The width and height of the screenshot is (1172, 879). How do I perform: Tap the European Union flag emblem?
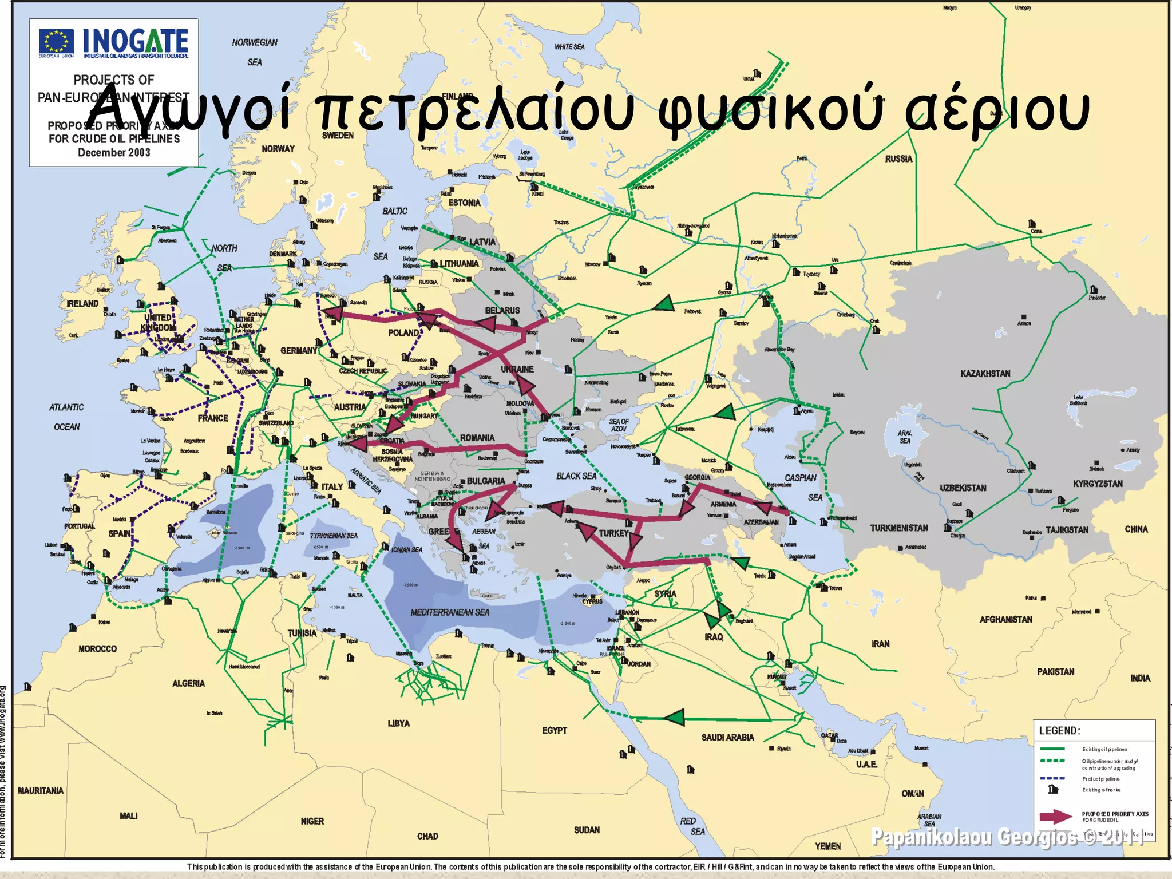tap(56, 41)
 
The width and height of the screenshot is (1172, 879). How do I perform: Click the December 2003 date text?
tap(114, 153)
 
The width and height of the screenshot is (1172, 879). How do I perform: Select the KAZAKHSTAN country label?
tap(985, 374)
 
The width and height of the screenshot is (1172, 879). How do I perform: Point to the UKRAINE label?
tap(517, 369)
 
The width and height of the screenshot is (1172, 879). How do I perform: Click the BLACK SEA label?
tap(576, 476)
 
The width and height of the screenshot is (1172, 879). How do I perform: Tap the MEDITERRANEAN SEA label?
tap(450, 612)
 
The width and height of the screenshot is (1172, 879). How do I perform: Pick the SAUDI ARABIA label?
tap(727, 738)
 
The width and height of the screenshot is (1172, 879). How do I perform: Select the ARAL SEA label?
tap(905, 437)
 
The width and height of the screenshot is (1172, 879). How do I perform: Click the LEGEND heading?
tap(1059, 731)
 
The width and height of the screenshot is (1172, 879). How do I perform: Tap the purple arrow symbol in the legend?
tap(1055, 817)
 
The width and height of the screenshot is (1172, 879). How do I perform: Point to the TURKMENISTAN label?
tap(899, 528)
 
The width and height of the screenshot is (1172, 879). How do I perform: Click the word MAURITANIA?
tap(41, 790)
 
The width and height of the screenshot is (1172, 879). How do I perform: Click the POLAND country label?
tap(403, 332)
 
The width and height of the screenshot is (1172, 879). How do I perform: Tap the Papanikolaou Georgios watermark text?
tap(1007, 837)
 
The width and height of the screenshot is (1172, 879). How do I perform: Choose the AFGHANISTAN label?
tap(1005, 619)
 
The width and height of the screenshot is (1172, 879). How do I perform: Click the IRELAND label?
tap(82, 303)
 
